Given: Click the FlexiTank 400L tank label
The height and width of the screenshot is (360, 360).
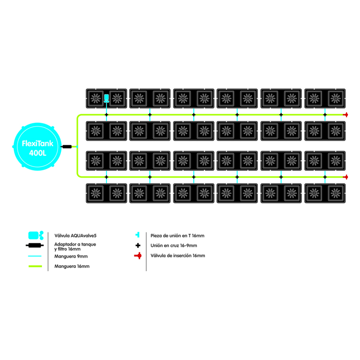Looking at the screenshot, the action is click(x=37, y=148).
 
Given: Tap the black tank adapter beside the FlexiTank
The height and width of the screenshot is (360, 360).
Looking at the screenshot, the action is click(x=67, y=146).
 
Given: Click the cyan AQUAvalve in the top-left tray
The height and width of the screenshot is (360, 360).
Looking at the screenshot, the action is click(x=106, y=98).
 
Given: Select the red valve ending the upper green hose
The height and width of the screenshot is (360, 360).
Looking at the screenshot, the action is click(x=345, y=115).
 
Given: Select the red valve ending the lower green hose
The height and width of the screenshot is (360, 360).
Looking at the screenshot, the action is click(x=345, y=177).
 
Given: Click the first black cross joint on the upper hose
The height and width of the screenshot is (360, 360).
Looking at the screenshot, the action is click(x=106, y=115).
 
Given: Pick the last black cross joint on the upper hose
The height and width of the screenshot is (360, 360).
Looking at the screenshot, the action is click(x=325, y=115).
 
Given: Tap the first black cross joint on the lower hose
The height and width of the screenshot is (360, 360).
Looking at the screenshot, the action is click(x=106, y=177).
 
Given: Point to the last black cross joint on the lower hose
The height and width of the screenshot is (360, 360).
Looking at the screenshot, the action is click(x=325, y=177).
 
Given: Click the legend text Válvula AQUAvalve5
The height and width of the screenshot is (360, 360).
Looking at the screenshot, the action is click(x=75, y=236).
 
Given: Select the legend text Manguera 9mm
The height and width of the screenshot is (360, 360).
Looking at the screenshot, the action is click(x=71, y=256).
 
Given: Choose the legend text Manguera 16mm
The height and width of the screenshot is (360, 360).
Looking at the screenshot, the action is click(x=72, y=266).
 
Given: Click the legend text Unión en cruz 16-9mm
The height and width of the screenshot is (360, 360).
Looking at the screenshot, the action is click(x=174, y=245).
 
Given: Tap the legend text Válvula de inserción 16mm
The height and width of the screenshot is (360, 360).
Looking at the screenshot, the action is click(x=178, y=255).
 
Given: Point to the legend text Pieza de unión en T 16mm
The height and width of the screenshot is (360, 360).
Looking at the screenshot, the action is click(x=177, y=236).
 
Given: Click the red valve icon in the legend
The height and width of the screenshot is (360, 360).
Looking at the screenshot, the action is click(x=138, y=255).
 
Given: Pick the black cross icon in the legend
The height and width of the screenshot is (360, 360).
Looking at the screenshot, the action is click(x=138, y=245).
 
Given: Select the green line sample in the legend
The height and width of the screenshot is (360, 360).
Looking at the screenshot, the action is click(x=35, y=266).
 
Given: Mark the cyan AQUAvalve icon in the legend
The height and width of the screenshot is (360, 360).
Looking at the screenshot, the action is click(x=36, y=236).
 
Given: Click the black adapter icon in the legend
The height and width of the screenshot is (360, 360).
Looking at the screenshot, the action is click(x=35, y=245).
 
